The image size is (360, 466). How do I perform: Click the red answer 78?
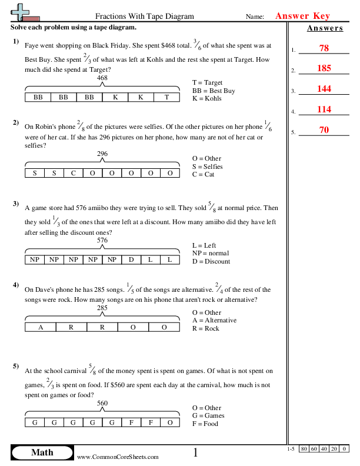[324, 49]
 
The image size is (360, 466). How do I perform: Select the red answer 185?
[324, 69]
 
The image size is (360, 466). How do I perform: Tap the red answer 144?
[324, 89]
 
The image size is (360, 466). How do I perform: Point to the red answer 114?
[324, 109]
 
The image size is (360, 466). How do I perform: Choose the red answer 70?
[324, 129]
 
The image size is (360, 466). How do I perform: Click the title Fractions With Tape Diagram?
[144, 16]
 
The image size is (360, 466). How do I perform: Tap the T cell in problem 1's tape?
[167, 97]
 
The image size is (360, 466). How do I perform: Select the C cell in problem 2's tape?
[73, 173]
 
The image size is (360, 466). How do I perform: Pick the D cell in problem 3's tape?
[132, 259]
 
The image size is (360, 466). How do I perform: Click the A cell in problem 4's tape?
[40, 327]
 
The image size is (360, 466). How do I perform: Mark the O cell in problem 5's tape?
[169, 422]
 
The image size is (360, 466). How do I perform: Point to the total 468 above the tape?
[102, 78]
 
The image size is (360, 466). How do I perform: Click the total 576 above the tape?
[102, 240]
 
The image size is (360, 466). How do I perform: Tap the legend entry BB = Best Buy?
[214, 91]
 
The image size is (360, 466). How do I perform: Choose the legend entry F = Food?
[205, 424]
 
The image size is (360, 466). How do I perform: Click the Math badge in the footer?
[42, 452]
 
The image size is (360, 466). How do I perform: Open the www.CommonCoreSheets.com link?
[118, 457]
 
